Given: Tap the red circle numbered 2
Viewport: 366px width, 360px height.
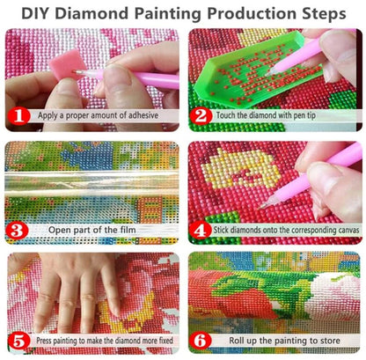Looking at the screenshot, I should (x=202, y=114).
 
